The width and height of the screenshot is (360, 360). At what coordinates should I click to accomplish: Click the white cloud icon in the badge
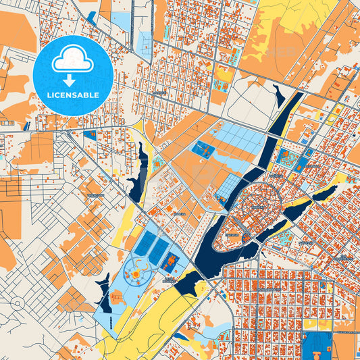(73, 59)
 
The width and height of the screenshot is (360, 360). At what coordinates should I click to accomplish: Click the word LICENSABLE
(73, 95)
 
